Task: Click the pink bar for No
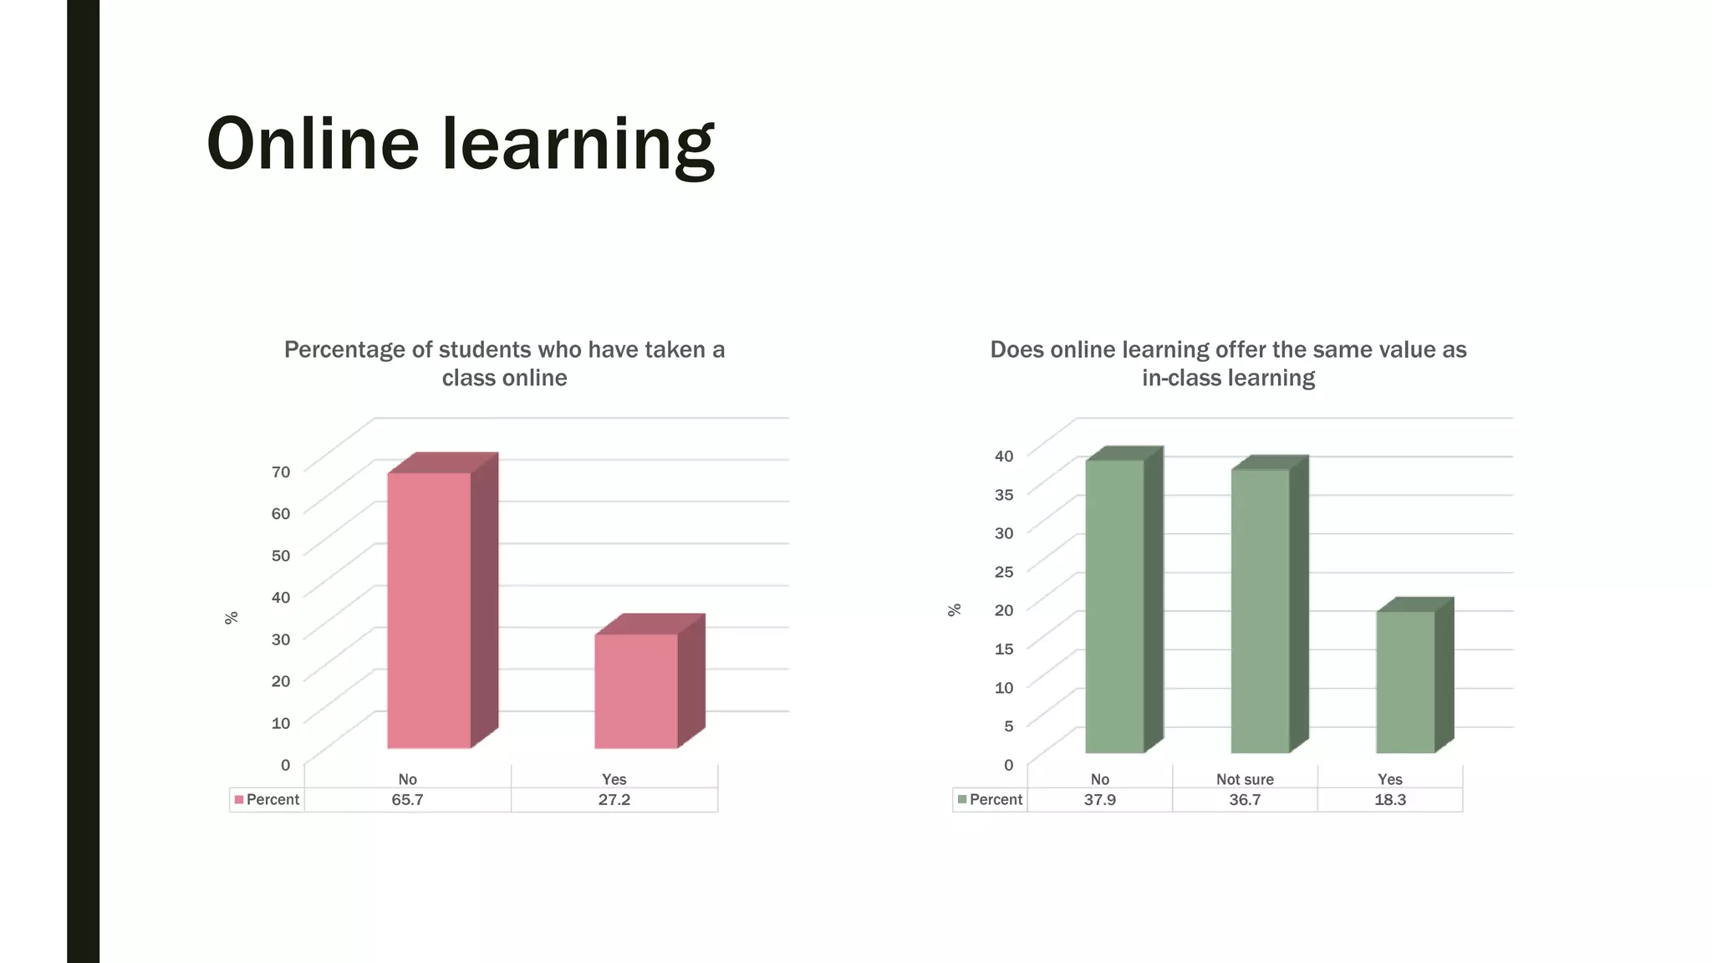point(429,610)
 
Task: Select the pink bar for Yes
point(636,691)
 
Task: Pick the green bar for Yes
point(1405,682)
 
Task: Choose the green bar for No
point(1114,606)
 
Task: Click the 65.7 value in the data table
point(407,800)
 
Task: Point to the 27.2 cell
point(614,800)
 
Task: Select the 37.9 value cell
point(1099,800)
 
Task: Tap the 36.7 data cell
point(1245,800)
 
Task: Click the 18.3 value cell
point(1390,800)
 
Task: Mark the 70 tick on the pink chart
point(281,471)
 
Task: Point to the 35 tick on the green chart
point(1004,494)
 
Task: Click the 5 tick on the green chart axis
point(1008,726)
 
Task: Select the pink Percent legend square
point(239,800)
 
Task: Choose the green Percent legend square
point(962,800)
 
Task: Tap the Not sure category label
point(1245,779)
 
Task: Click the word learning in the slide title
point(578,145)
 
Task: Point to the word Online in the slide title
point(313,143)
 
